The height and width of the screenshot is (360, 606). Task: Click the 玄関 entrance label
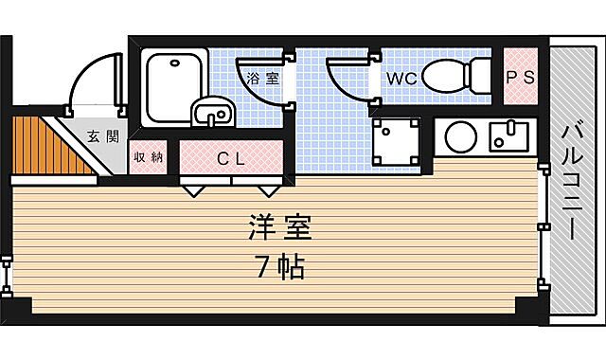tap(103, 136)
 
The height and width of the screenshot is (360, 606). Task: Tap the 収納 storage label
tap(147, 156)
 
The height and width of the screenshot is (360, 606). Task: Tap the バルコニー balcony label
tap(573, 181)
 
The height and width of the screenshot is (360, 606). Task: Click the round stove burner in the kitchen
tap(461, 136)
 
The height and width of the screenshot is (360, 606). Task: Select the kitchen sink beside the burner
tap(512, 136)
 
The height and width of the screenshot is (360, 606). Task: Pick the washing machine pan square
tap(396, 139)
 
